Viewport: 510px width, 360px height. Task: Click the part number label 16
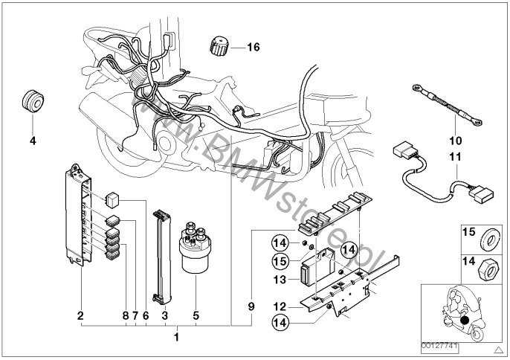[254, 48]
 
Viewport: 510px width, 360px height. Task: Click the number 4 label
[32, 139]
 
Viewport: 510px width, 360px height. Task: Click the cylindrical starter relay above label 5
[196, 251]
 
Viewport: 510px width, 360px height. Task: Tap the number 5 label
[196, 315]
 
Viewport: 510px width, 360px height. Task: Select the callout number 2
[80, 315]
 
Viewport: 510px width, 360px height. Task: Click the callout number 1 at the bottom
[176, 338]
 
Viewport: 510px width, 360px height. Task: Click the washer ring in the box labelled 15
[489, 239]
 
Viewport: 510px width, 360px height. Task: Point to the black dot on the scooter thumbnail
[465, 321]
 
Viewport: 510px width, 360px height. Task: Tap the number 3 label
[164, 315]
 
